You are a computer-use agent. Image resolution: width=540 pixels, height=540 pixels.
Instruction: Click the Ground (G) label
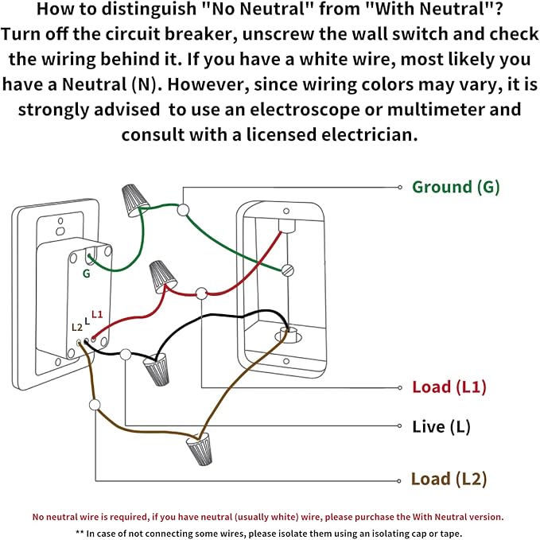coord(455,188)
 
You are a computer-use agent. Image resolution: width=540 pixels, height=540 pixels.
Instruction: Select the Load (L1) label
coord(449,387)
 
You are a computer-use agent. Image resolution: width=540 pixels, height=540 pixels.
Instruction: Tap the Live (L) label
coord(441,427)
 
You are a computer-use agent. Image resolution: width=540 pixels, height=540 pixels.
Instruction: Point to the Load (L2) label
coord(449,479)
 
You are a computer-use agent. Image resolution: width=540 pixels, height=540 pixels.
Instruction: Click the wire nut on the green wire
coord(132,200)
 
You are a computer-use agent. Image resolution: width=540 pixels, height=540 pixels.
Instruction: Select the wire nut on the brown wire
coord(199,450)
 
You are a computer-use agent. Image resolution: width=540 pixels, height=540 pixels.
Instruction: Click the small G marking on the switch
coord(86,273)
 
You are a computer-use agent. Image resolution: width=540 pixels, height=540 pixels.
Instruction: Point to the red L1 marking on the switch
coord(97,314)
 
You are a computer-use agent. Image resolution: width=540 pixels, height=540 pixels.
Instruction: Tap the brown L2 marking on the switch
coord(76,327)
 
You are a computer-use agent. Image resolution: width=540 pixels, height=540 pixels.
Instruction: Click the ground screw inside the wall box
coord(289,270)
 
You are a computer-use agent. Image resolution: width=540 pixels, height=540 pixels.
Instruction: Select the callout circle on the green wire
coord(183,210)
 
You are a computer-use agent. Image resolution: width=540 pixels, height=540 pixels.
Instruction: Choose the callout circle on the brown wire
coord(95,405)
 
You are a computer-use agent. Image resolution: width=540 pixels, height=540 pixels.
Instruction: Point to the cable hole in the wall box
coord(287,334)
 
